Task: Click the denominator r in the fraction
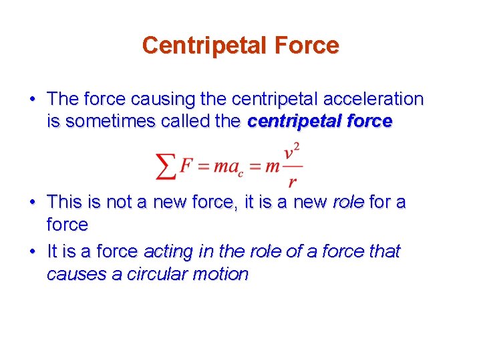point(291,181)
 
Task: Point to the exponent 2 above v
point(296,146)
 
